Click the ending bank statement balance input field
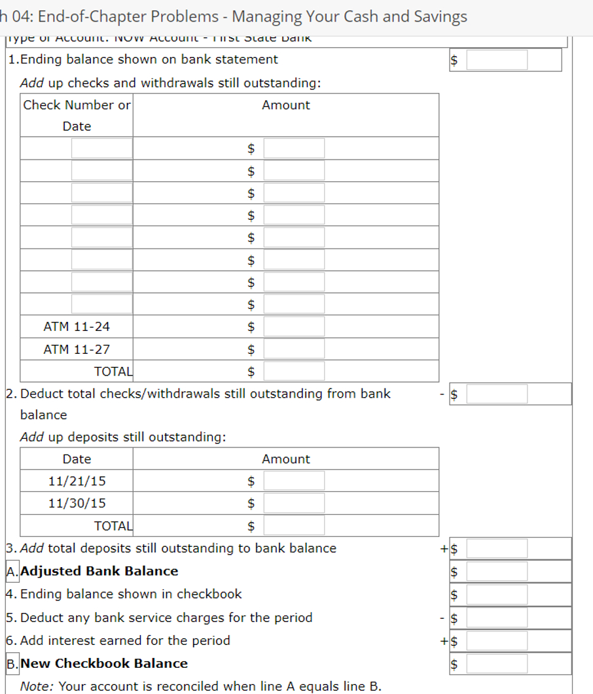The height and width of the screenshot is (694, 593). [x=497, y=60]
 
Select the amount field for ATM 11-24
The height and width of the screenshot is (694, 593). [x=294, y=326]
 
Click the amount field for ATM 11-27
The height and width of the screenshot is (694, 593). [x=294, y=349]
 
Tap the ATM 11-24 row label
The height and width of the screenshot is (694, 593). [x=77, y=326]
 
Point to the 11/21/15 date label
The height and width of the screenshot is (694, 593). [x=77, y=481]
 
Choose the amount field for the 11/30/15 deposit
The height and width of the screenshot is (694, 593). [x=294, y=504]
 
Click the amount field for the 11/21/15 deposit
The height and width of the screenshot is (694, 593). [x=294, y=481]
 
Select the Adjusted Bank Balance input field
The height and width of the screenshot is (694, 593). [x=497, y=572]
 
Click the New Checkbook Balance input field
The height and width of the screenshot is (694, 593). [x=497, y=664]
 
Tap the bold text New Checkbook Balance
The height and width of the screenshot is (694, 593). [x=104, y=663]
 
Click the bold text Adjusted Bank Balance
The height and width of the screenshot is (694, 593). [x=99, y=571]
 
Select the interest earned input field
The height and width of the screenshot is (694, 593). [x=497, y=641]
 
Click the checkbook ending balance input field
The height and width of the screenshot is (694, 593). [x=497, y=595]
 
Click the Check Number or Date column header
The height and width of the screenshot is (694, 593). [x=77, y=115]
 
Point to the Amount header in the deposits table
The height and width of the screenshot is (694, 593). [x=286, y=459]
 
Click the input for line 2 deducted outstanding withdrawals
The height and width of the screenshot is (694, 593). [x=497, y=394]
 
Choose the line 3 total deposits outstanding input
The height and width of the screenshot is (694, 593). [x=497, y=549]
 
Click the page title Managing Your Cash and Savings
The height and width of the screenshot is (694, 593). [x=350, y=16]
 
